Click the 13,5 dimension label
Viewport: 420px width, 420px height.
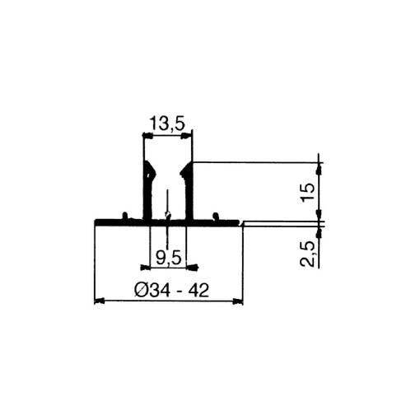click(167, 124)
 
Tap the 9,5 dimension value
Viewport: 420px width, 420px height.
click(169, 258)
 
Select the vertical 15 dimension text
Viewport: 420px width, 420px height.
click(307, 192)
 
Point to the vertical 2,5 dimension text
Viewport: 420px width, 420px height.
click(307, 254)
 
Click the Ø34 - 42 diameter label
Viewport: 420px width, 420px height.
click(171, 291)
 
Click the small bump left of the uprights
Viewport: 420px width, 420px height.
click(125, 216)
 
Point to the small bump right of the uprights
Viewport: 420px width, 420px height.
click(216, 216)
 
